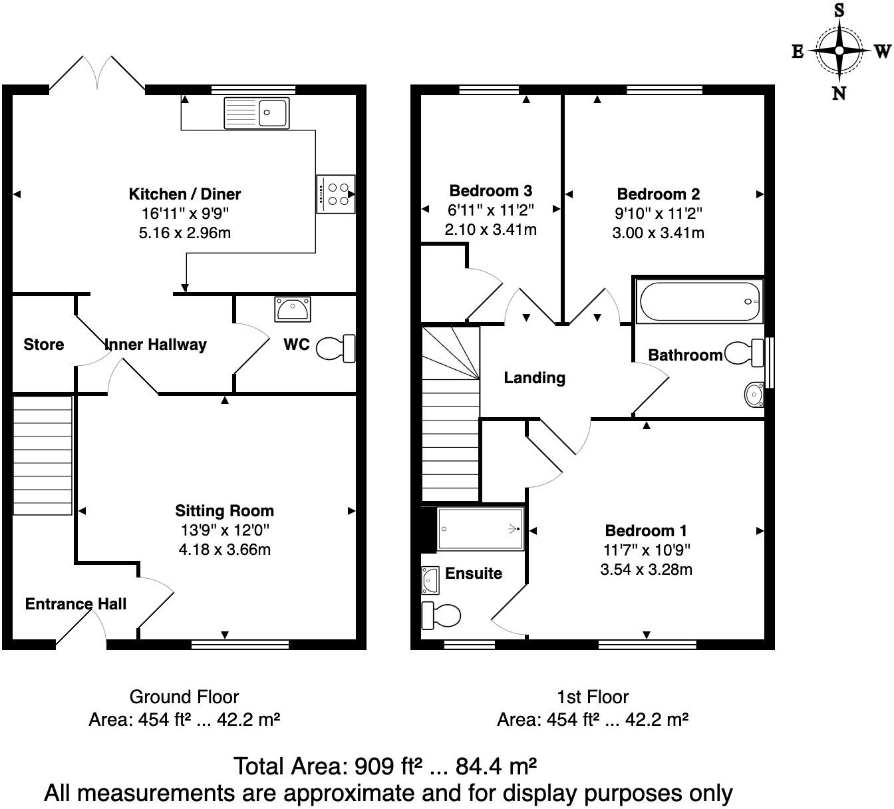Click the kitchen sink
tap(256, 112)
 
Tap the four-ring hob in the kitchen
tap(336, 194)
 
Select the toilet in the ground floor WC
tap(336, 348)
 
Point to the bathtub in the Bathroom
tap(699, 302)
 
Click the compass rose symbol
tap(839, 51)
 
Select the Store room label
tap(44, 345)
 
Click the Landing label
tap(534, 378)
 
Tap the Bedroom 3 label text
tap(490, 191)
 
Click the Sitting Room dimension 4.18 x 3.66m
tap(224, 550)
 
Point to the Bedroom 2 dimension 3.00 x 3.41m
tap(658, 233)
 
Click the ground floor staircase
tap(43, 456)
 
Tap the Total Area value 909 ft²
tap(384, 766)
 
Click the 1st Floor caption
tap(592, 697)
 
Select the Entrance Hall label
tap(75, 604)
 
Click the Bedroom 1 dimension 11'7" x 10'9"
tap(646, 550)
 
